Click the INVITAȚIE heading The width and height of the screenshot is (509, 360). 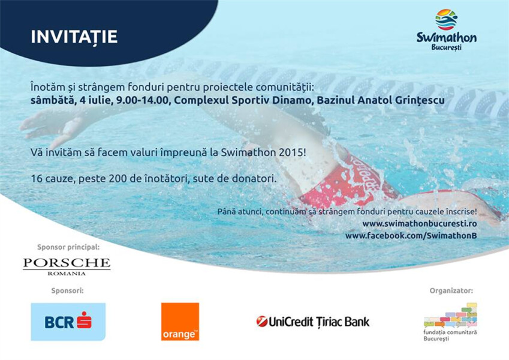pos(74,37)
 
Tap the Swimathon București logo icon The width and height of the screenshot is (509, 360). pos(446,19)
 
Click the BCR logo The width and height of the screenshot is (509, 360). pos(68,322)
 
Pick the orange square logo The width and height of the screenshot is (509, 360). pos(180,322)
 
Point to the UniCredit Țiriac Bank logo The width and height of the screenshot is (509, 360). pos(313,322)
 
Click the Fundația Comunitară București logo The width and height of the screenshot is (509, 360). pos(450,322)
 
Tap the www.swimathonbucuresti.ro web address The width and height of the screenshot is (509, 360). pos(420,224)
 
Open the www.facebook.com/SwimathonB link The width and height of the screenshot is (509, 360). pos(411,236)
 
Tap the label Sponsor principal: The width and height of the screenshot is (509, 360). pos(68,247)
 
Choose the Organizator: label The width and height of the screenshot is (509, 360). pos(451,290)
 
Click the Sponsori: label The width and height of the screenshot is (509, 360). pos(67,290)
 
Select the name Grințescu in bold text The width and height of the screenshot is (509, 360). pos(420,100)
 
